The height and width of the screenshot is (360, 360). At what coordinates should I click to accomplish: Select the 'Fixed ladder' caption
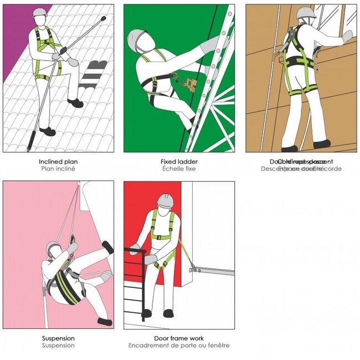tap(178, 162)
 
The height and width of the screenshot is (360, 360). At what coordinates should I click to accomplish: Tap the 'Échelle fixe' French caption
tap(178, 168)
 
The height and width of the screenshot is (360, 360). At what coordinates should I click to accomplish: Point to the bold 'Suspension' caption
tap(58, 338)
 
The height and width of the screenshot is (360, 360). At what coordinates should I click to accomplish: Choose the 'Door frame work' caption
tap(178, 338)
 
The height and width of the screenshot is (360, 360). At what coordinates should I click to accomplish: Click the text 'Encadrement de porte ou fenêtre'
tap(178, 346)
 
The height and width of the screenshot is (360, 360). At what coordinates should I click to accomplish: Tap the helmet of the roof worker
tap(39, 12)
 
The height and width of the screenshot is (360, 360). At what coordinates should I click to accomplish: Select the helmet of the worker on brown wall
tap(306, 13)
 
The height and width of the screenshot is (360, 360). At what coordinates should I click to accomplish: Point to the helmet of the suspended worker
tap(53, 248)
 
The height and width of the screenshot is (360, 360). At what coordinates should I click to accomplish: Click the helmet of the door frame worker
tap(165, 200)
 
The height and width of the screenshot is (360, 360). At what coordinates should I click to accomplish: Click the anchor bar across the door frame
tap(213, 271)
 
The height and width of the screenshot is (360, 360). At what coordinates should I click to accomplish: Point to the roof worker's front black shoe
tap(76, 103)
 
